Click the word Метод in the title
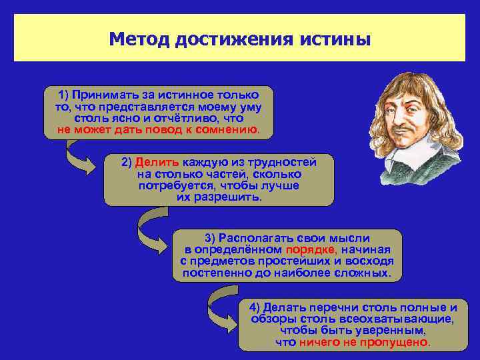point(139,38)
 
